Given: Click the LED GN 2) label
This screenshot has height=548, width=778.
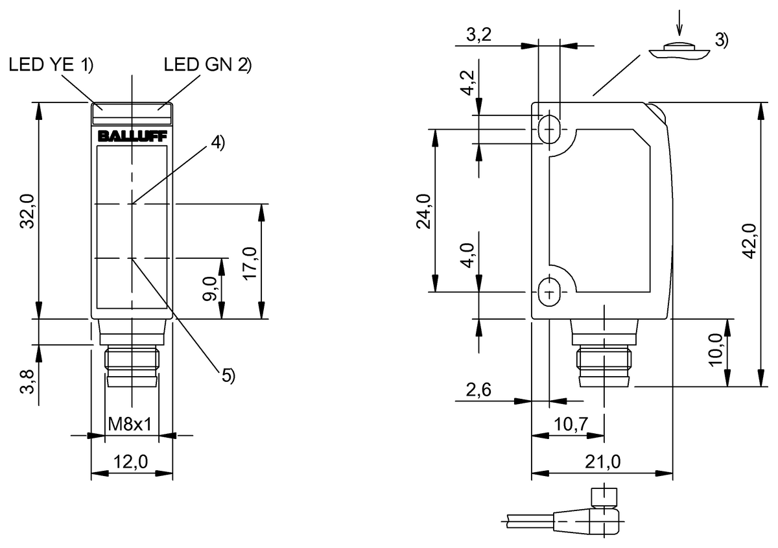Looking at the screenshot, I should (207, 65).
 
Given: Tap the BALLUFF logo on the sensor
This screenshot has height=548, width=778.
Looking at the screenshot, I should (132, 136).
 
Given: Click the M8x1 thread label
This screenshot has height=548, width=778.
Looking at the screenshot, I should (130, 425).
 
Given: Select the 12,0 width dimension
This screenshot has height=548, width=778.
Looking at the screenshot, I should (132, 462).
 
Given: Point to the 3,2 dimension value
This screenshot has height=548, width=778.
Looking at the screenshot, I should (478, 36).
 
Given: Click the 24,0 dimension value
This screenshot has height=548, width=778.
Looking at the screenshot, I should (424, 211).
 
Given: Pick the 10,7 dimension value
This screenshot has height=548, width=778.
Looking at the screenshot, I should (571, 425).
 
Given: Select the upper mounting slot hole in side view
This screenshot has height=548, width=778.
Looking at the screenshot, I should (550, 128).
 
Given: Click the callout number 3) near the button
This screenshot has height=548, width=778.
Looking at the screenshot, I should (721, 40).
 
